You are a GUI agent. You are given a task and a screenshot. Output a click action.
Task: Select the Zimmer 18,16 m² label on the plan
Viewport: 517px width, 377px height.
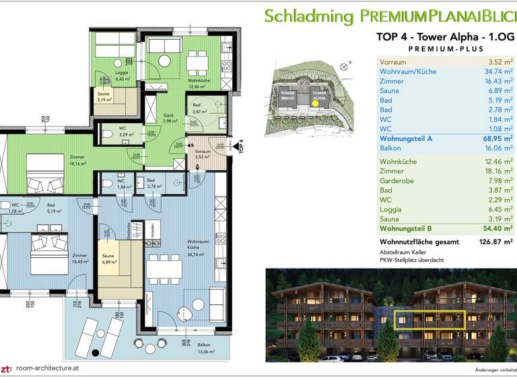click(78, 160)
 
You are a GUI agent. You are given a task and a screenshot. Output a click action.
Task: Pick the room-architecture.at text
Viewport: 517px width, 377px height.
click(48, 368)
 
